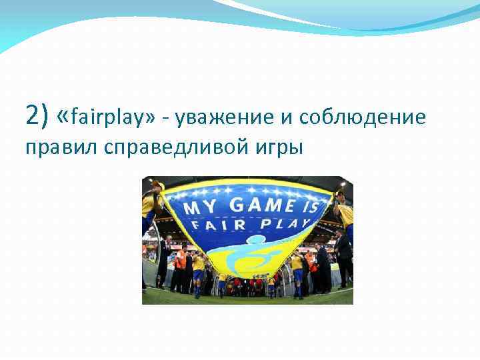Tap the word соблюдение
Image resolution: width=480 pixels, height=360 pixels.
[362, 119]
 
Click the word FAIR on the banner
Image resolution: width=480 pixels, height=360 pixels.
[211, 225]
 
